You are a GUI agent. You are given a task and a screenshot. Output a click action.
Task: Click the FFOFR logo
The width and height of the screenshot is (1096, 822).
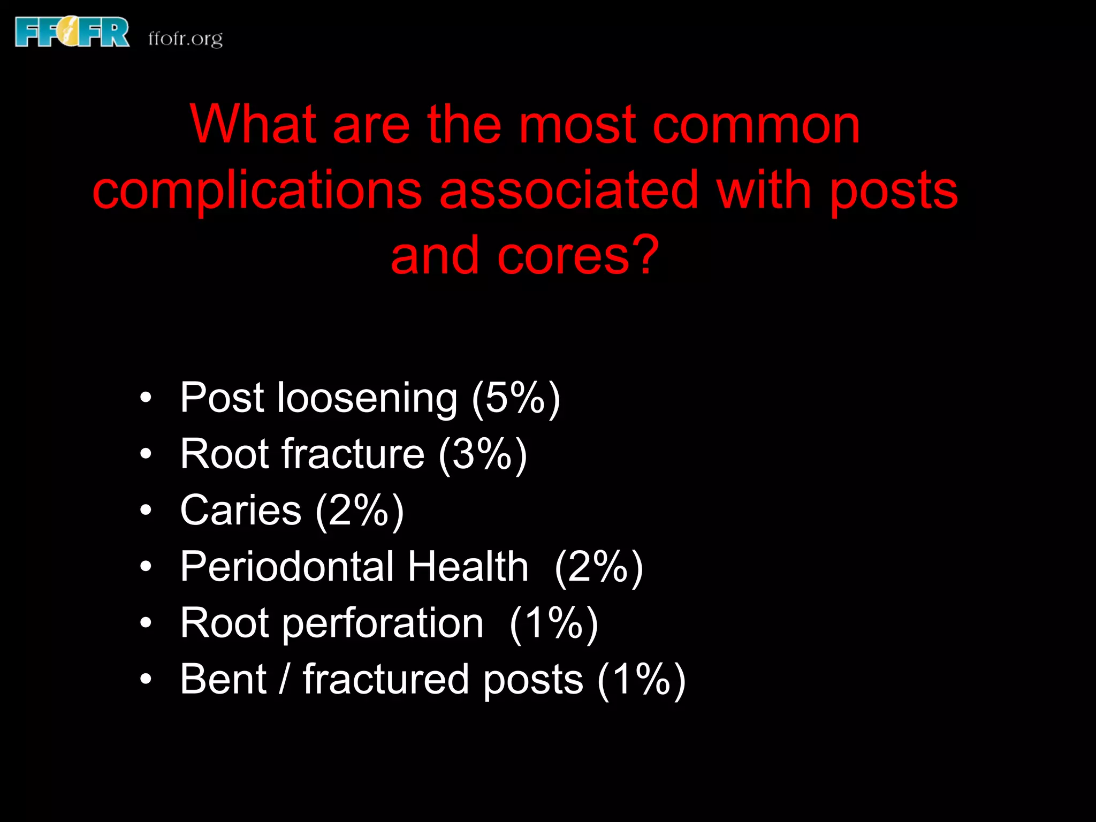point(72,32)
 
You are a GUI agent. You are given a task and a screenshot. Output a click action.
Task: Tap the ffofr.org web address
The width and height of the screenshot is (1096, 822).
point(185,39)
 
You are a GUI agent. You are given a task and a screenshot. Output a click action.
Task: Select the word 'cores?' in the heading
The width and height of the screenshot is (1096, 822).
point(578,256)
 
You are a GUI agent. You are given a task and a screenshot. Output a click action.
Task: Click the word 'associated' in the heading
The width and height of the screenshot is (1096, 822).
point(569,190)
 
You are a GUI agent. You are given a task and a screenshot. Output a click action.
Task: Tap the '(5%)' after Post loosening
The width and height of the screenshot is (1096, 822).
point(516,398)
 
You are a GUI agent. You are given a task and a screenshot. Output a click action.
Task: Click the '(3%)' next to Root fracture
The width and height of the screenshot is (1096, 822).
point(483,454)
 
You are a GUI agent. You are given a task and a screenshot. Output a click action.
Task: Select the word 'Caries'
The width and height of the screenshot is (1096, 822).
point(241,511)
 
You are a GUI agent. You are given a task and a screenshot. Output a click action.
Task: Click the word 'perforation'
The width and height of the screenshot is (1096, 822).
point(383,623)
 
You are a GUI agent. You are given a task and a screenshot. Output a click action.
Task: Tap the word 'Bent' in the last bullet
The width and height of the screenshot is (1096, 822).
point(223,680)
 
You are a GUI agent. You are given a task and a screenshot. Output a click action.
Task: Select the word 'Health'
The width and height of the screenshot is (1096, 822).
point(468,567)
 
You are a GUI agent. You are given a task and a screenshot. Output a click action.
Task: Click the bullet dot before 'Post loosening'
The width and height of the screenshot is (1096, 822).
point(146,398)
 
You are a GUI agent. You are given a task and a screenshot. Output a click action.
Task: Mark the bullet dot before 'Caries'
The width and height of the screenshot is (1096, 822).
point(146,511)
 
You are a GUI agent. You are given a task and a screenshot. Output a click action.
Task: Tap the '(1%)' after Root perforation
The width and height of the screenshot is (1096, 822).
point(554,623)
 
